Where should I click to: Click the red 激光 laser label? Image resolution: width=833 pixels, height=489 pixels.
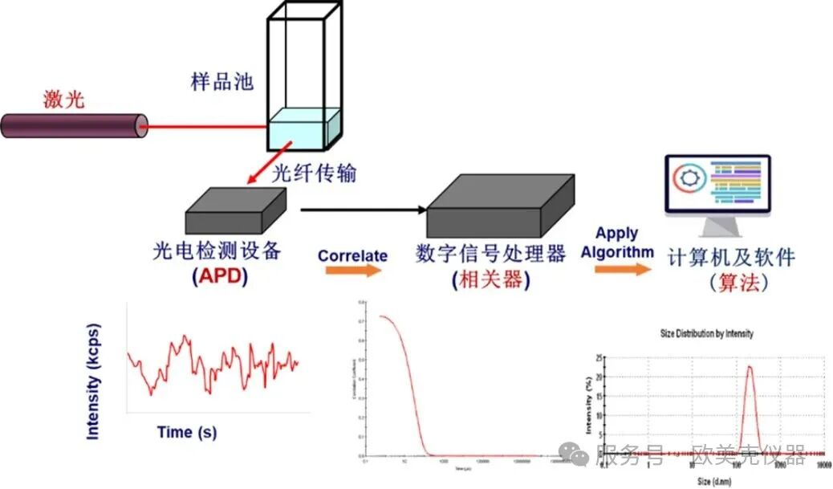63,100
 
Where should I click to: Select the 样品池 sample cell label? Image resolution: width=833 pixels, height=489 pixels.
222,81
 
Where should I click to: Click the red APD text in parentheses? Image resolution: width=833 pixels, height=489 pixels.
221,276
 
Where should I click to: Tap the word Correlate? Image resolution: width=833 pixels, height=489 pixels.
352,255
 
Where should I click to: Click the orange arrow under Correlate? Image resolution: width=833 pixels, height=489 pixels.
354,271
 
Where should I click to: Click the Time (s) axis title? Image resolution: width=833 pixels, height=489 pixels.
186,432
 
